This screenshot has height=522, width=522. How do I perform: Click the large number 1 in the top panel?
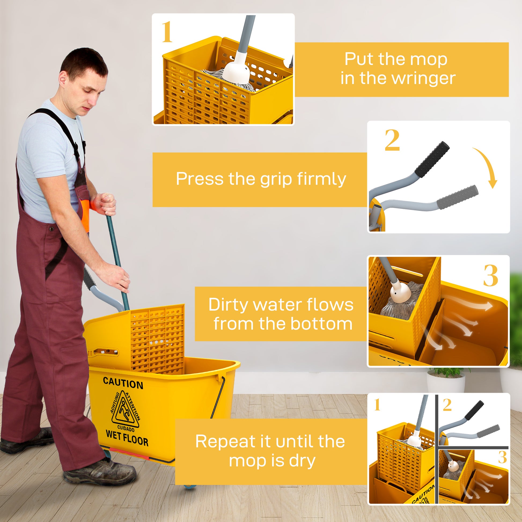pos(167,32)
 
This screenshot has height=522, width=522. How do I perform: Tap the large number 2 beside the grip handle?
pos(392,141)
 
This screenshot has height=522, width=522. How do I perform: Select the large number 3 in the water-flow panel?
pos(490,275)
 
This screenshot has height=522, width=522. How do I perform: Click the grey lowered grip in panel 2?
pos(457,197)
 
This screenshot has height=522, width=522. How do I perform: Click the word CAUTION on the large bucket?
pos(123,384)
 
